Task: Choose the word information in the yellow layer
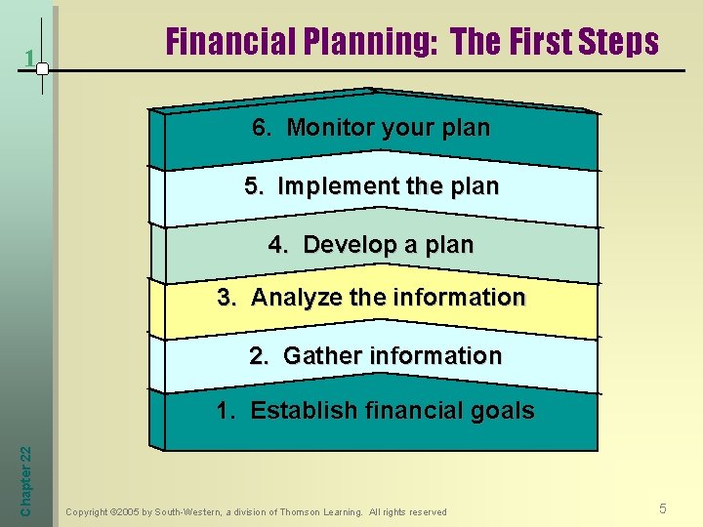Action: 459,298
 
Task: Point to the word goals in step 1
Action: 500,410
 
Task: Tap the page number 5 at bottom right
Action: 663,508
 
